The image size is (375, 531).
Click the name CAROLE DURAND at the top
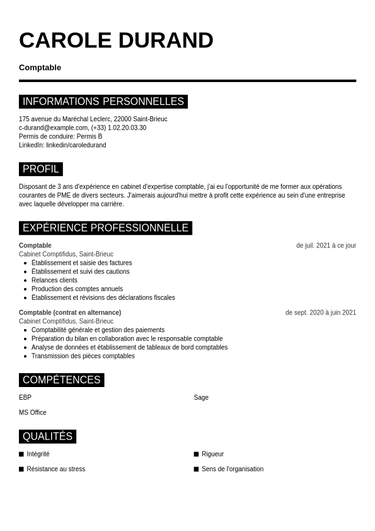click(x=116, y=40)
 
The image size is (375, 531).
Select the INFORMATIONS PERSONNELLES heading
click(x=103, y=102)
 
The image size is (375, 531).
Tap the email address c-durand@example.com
click(x=54, y=128)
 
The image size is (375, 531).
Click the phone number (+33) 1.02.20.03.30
click(x=118, y=128)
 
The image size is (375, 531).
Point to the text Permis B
click(x=89, y=136)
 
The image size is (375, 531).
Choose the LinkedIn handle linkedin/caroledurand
click(x=76, y=145)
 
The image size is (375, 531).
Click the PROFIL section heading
click(x=41, y=169)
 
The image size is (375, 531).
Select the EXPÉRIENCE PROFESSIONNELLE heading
click(x=105, y=228)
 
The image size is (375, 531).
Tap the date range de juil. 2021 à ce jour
click(x=326, y=246)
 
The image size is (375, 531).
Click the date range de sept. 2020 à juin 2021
click(x=320, y=313)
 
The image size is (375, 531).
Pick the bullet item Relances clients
click(x=54, y=280)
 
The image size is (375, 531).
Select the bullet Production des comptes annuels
click(x=77, y=289)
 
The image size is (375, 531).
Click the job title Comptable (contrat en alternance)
click(x=70, y=313)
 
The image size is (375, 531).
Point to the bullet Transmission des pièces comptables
click(x=83, y=356)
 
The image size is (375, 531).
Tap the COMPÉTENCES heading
click(x=62, y=380)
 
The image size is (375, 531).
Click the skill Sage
click(x=201, y=398)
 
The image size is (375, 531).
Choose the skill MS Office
click(x=33, y=413)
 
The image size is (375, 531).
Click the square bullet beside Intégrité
click(x=21, y=454)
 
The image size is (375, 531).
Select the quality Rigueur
click(x=212, y=454)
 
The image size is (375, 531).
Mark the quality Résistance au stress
click(x=55, y=469)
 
